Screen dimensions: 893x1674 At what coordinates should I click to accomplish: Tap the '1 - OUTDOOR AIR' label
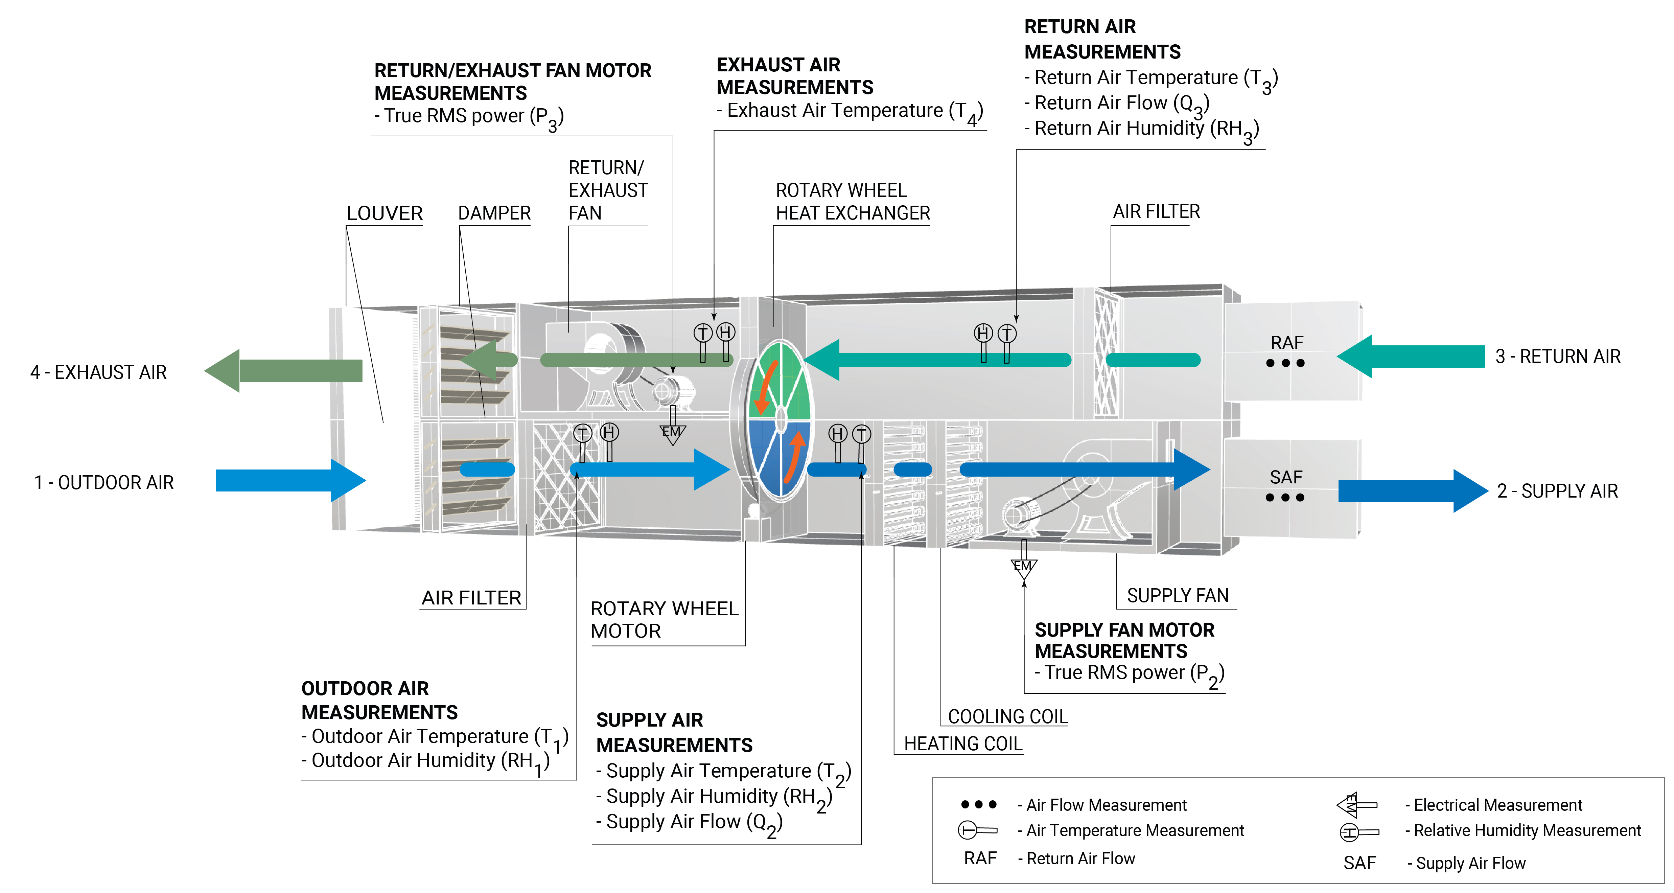coord(104,483)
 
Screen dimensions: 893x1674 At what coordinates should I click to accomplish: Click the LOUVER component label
coord(384,213)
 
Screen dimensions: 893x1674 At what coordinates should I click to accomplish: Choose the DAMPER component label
coord(494,213)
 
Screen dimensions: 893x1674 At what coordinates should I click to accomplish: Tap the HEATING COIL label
coord(963,743)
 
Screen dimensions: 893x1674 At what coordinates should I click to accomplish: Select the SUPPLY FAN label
coord(1178,595)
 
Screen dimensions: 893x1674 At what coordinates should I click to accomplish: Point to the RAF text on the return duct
coord(1287,343)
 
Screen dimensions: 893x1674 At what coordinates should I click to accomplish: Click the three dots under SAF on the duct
coord(1285,498)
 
